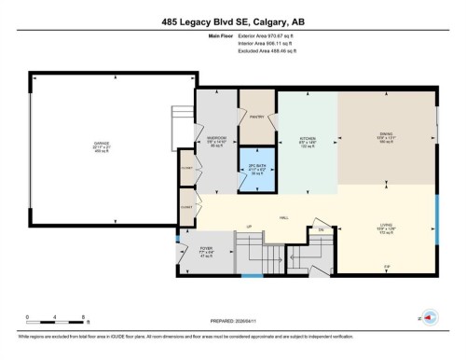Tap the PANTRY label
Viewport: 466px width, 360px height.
pyautogui.click(x=258, y=117)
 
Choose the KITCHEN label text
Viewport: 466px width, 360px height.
pyautogui.click(x=308, y=140)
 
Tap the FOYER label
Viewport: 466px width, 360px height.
pyautogui.click(x=207, y=250)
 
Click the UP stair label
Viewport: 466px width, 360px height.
pyautogui.click(x=249, y=228)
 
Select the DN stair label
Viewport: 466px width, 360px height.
pyautogui.click(x=320, y=229)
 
